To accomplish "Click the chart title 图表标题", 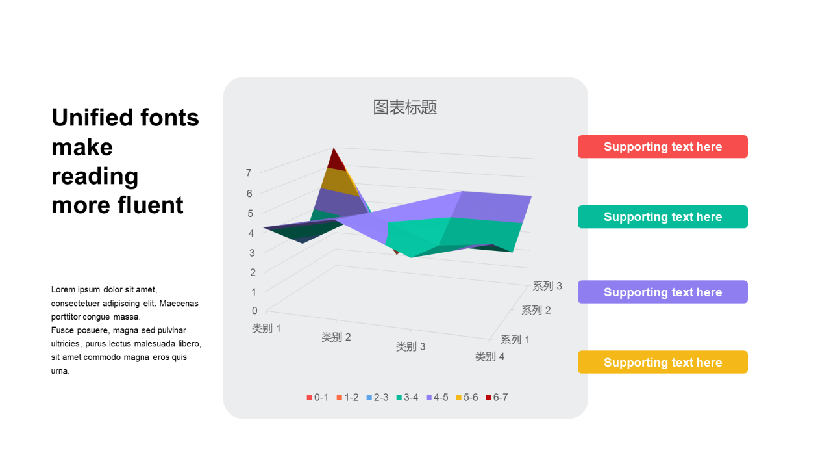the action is point(404,107).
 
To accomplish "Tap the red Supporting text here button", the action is point(663,147).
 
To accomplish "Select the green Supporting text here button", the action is point(663,217).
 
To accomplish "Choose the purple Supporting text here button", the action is point(663,292).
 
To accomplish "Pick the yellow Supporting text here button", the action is point(663,362).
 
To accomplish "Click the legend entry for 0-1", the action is point(317,397).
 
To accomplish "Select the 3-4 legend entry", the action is point(407,397).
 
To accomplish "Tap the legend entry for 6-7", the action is point(497,397).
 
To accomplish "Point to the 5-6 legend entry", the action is point(467,397).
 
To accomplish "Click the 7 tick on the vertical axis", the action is point(249,173).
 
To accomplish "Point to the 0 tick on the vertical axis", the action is point(254,311).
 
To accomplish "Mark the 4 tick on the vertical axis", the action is point(251,233).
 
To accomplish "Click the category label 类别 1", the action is point(266,328).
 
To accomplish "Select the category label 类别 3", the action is point(411,346).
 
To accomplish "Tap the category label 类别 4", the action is point(490,357).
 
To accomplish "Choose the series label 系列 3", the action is point(547,286).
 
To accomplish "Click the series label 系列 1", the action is point(515,339).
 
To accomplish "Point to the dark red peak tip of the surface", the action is point(334,148).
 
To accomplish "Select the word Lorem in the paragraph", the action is point(63,290).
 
